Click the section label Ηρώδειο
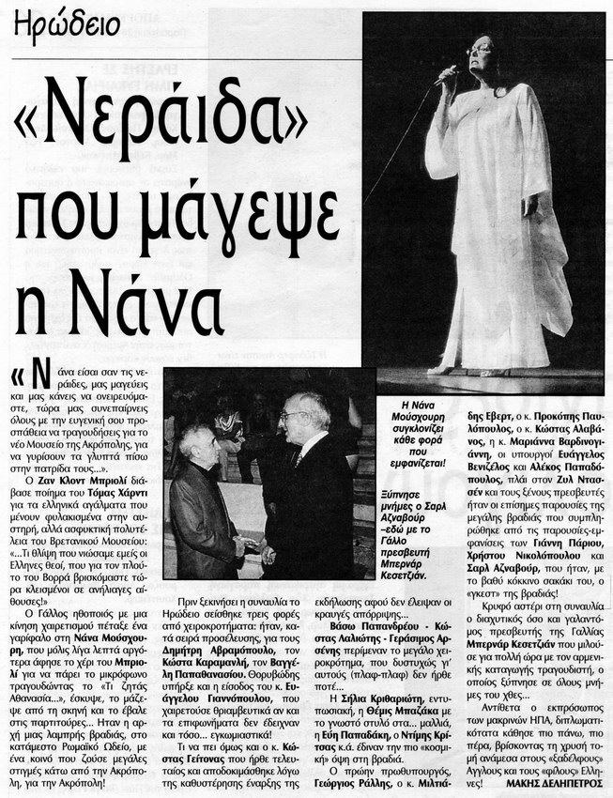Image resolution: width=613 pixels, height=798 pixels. [x=67, y=23]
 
